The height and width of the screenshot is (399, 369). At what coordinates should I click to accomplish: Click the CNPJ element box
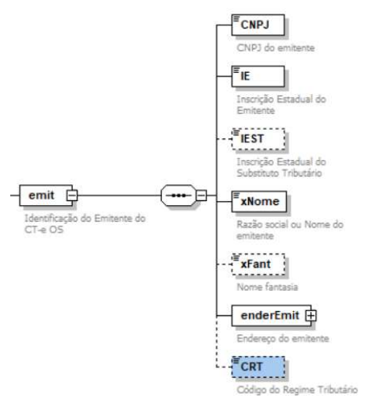(258, 25)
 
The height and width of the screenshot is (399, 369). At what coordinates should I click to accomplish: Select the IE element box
(258, 76)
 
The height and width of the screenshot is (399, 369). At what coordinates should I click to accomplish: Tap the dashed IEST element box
(258, 139)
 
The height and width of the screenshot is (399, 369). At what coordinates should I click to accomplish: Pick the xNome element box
(259, 202)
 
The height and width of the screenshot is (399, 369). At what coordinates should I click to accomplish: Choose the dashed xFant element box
(258, 264)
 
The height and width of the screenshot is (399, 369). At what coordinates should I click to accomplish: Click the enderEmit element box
(271, 316)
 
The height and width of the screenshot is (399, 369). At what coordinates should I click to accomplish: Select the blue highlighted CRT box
(258, 367)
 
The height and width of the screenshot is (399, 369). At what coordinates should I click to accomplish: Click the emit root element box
(46, 196)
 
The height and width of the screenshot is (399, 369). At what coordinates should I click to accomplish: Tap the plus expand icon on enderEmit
(311, 316)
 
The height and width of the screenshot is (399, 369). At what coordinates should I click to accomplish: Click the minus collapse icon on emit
(72, 196)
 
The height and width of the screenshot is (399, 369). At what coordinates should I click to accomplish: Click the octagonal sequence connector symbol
(179, 196)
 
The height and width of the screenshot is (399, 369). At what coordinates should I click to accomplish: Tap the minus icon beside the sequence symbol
(201, 196)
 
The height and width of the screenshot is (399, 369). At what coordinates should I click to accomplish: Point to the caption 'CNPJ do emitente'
(276, 48)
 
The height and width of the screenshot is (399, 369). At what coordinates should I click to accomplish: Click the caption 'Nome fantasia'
(267, 287)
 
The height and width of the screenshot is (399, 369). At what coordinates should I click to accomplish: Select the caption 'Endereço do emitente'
(283, 339)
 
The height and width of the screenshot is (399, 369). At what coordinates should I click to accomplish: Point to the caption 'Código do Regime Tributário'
(297, 389)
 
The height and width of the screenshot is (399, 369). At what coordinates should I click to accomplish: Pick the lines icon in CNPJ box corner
(236, 19)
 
